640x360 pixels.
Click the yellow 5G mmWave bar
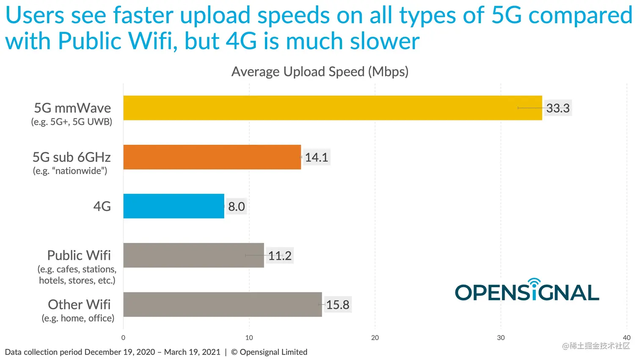point(332,108)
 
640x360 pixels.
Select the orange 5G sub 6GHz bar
point(212,157)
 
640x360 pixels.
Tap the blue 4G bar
point(174,206)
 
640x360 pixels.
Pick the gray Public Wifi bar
point(193,255)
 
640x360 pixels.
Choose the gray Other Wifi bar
point(222,304)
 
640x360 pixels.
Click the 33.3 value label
point(558,108)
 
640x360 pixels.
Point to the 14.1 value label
point(316,157)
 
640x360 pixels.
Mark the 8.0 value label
point(236,206)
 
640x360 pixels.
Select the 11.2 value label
point(280,256)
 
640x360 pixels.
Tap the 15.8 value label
point(337,305)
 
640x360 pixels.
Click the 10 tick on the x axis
point(249,338)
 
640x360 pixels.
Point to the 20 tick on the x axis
point(375,338)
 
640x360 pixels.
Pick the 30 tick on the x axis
point(501,338)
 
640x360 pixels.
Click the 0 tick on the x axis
point(123,338)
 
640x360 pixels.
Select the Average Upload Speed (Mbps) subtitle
point(320,71)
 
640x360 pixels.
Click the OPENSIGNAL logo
point(527,291)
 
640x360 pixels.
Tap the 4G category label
point(102,206)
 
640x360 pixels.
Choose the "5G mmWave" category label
point(72,108)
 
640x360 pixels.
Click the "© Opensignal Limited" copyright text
point(269,352)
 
